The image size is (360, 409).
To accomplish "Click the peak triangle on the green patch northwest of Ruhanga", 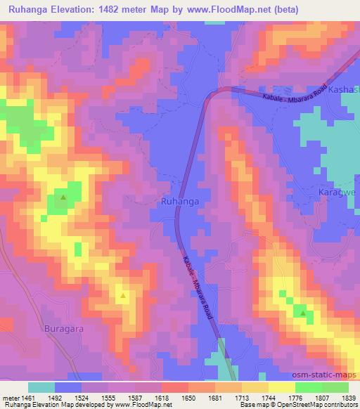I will tap(63, 197).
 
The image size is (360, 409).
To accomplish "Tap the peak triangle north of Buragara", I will tap(123, 295).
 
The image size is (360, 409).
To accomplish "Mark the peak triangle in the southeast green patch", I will tap(303, 313).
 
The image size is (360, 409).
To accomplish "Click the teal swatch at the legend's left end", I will tap(41, 387).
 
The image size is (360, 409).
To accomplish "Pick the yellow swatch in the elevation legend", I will tap(281, 387).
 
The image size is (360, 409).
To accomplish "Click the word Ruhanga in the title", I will tap(35, 10).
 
